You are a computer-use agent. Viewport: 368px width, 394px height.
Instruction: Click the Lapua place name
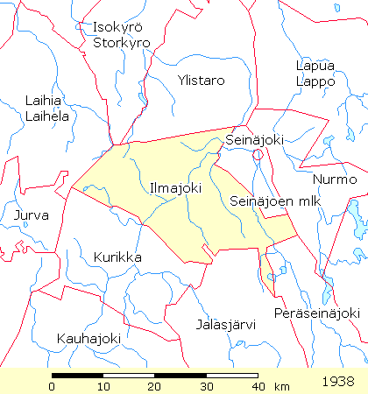(315, 66)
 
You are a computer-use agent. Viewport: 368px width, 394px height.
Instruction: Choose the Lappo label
(315, 81)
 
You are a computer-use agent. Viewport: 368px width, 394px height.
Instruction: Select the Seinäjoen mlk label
(265, 201)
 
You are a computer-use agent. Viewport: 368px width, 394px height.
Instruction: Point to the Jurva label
(32, 215)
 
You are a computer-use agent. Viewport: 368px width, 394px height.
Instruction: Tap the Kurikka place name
(117, 257)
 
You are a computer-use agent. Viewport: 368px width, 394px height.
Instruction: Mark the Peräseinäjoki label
(316, 313)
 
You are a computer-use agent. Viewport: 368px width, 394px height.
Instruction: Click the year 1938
(337, 382)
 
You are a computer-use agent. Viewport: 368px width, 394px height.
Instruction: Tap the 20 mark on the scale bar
(155, 387)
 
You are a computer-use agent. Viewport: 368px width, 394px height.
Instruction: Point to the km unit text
(281, 386)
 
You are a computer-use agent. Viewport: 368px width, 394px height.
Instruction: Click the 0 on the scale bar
(53, 387)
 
